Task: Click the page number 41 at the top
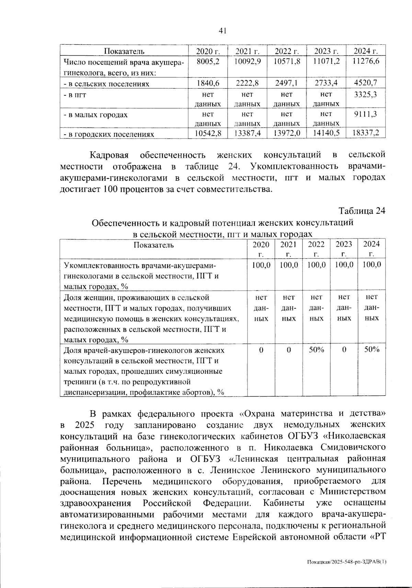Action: (222, 31)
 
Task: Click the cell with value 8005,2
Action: (208, 62)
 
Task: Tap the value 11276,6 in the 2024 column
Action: (366, 62)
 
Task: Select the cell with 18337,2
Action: (366, 133)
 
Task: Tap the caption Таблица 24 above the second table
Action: (362, 211)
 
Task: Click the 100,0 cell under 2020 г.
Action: (261, 265)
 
